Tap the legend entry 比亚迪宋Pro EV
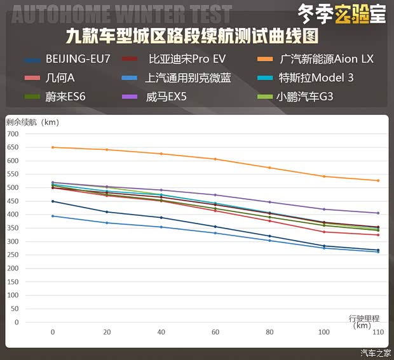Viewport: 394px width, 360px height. click(187, 60)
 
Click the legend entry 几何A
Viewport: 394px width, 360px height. click(61, 78)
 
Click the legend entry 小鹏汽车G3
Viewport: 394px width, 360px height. click(305, 97)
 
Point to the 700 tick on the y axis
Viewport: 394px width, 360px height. click(13, 134)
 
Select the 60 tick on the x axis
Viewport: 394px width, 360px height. click(215, 332)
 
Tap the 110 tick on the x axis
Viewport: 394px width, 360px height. click(378, 332)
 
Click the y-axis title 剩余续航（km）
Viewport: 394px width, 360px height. click(32, 122)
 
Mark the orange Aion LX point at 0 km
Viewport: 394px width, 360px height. click(53, 147)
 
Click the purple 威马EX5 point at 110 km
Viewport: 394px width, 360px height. click(378, 213)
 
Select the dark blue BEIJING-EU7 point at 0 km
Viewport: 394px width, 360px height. click(53, 201)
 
